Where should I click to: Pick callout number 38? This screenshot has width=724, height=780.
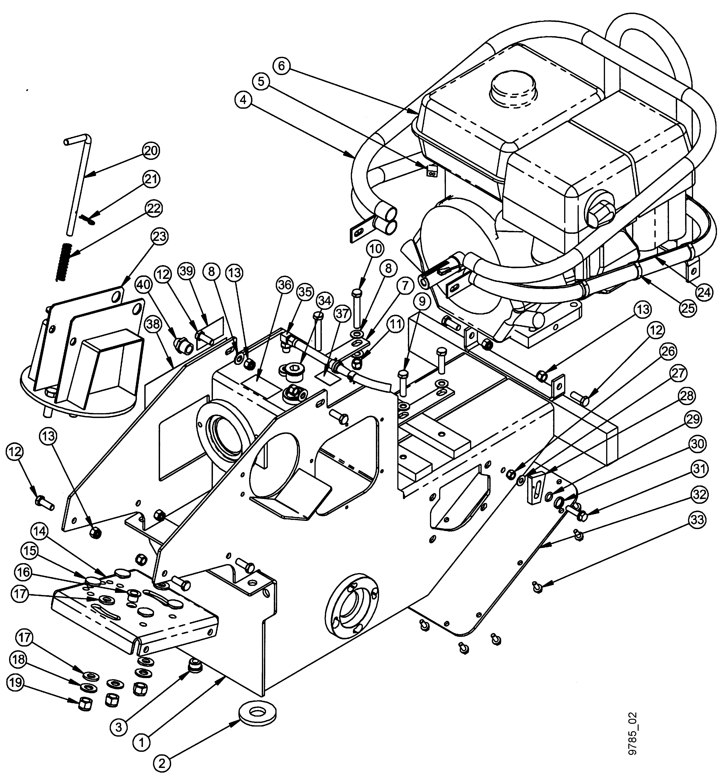tap(154, 324)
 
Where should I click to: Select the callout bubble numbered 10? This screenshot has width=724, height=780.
tap(375, 249)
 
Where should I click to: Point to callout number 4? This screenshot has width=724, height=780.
tap(244, 100)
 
